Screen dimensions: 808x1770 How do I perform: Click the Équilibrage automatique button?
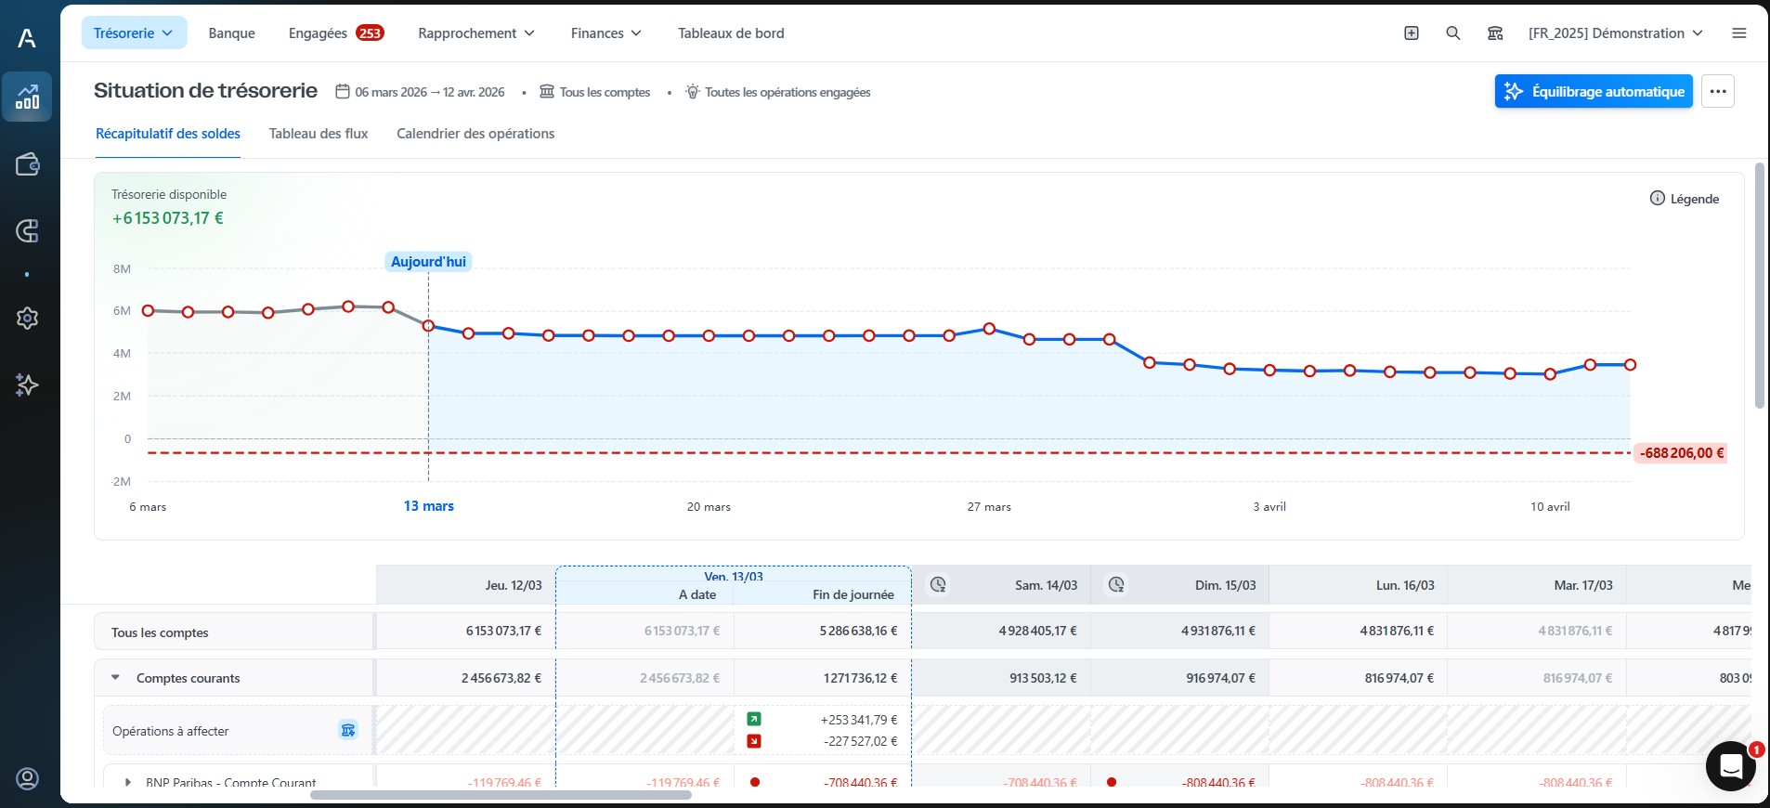tap(1593, 91)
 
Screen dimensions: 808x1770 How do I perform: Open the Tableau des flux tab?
tap(319, 134)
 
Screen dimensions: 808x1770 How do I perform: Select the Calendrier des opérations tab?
tap(475, 134)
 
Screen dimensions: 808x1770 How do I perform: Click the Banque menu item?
tap(231, 33)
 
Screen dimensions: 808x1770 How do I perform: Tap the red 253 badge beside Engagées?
tap(370, 33)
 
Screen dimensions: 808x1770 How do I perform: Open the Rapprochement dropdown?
tap(475, 33)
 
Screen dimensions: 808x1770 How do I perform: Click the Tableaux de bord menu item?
tap(731, 33)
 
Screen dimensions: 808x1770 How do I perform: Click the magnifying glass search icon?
tap(1453, 33)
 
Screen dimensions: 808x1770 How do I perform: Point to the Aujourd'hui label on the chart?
tap(428, 262)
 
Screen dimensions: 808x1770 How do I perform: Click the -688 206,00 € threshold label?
tap(1681, 453)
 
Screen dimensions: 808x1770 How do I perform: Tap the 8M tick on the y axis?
tap(122, 269)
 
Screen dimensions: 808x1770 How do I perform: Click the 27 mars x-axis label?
tap(989, 507)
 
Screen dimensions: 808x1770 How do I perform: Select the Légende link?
tap(1685, 199)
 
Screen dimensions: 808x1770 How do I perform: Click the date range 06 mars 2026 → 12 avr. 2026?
tap(429, 92)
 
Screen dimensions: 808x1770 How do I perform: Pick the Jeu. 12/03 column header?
tap(513, 585)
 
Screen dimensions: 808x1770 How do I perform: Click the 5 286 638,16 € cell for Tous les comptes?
tap(857, 631)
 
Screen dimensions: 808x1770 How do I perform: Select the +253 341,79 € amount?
tap(858, 720)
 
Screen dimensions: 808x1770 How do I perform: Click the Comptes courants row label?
tap(188, 678)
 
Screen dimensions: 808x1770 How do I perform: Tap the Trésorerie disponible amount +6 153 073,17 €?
tap(168, 218)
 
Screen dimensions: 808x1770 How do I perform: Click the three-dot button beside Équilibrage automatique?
tap(1717, 91)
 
